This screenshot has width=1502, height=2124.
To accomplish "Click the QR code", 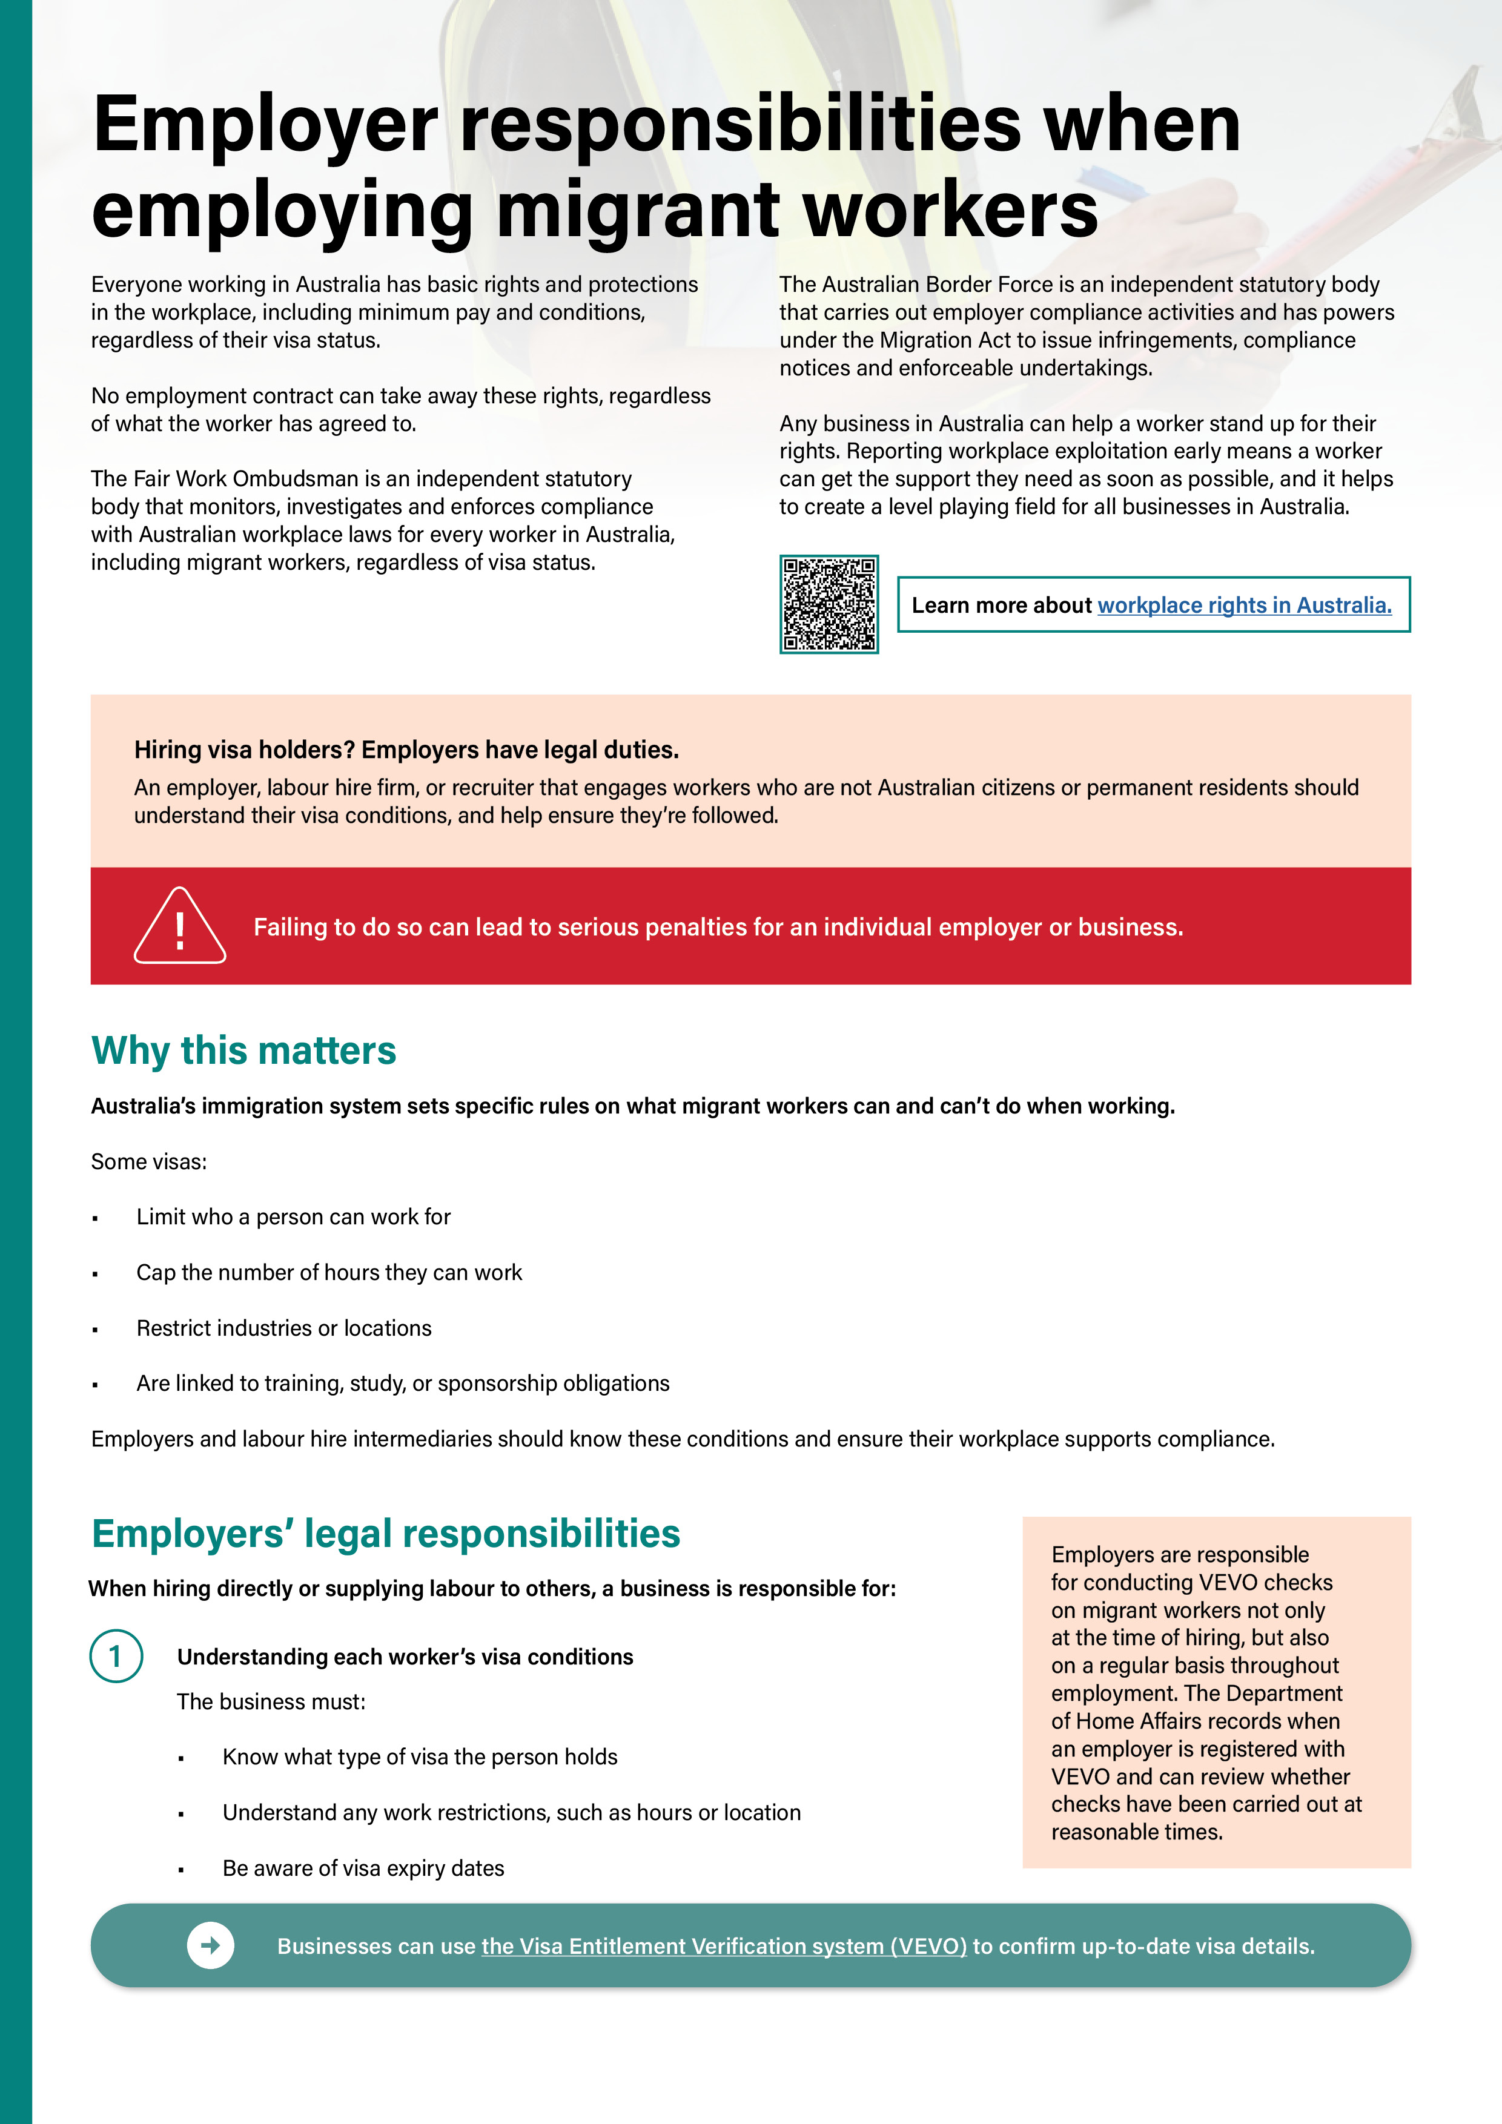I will tap(829, 604).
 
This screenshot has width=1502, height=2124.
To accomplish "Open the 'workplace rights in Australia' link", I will tap(1244, 605).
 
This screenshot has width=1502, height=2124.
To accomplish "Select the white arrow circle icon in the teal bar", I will tap(210, 1945).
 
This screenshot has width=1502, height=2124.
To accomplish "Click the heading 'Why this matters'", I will tap(243, 1051).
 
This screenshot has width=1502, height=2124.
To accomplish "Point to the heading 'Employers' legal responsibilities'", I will tap(386, 1533).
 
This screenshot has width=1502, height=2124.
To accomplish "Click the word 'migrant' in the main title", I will tap(638, 211).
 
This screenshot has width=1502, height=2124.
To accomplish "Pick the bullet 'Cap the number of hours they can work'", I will tap(328, 1272).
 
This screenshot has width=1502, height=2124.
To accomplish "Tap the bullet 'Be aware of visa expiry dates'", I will tap(363, 1868).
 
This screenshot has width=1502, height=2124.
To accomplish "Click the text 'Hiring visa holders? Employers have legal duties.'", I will tap(406, 750).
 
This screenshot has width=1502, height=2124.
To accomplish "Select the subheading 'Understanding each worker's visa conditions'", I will tap(405, 1656).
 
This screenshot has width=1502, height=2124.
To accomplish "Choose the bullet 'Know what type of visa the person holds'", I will tap(419, 1756).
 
